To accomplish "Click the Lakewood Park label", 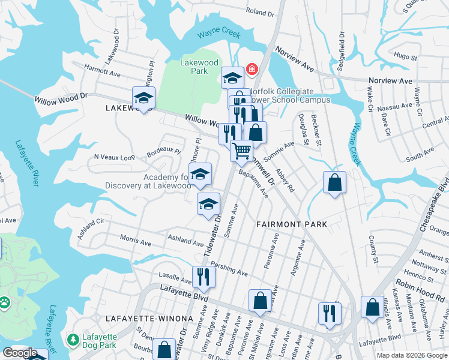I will pyautogui.click(x=194, y=66).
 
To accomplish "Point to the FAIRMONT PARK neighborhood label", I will pyautogui.click(x=291, y=224).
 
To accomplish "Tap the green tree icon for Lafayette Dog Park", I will pyautogui.click(x=73, y=340).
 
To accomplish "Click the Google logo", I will pyautogui.click(x=20, y=353).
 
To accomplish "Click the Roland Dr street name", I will pyautogui.click(x=260, y=13).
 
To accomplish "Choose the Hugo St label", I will pyautogui.click(x=405, y=56).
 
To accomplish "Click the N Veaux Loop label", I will pyautogui.click(x=115, y=157).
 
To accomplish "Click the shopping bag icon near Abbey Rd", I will pyautogui.click(x=334, y=182).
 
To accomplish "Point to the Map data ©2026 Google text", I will pyautogui.click(x=411, y=355).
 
